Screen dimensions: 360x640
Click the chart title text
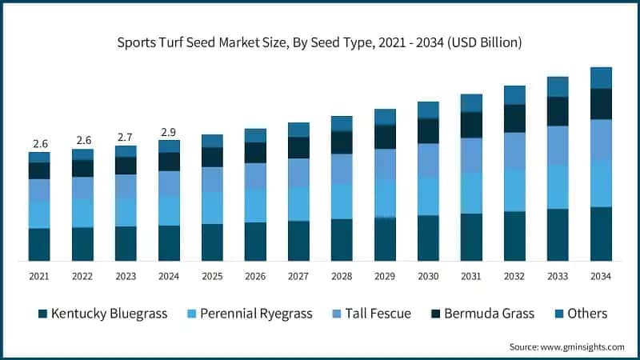click(320, 42)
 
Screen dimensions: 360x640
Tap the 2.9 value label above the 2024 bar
click(169, 130)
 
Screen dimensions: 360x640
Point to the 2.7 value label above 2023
click(126, 137)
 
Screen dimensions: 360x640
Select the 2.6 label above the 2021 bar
click(39, 143)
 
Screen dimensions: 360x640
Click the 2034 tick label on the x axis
click(601, 276)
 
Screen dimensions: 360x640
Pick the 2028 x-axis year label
click(342, 276)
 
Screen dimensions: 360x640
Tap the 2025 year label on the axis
click(212, 276)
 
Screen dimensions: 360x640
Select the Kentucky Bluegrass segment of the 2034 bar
click(601, 234)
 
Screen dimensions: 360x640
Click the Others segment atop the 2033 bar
click(558, 86)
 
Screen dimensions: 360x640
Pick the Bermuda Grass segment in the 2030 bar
click(428, 130)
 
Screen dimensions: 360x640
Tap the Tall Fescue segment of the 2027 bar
click(298, 173)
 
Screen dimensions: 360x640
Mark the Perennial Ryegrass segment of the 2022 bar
click(82, 213)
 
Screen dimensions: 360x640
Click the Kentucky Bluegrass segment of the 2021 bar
click(39, 244)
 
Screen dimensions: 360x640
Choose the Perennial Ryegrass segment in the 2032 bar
click(514, 190)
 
